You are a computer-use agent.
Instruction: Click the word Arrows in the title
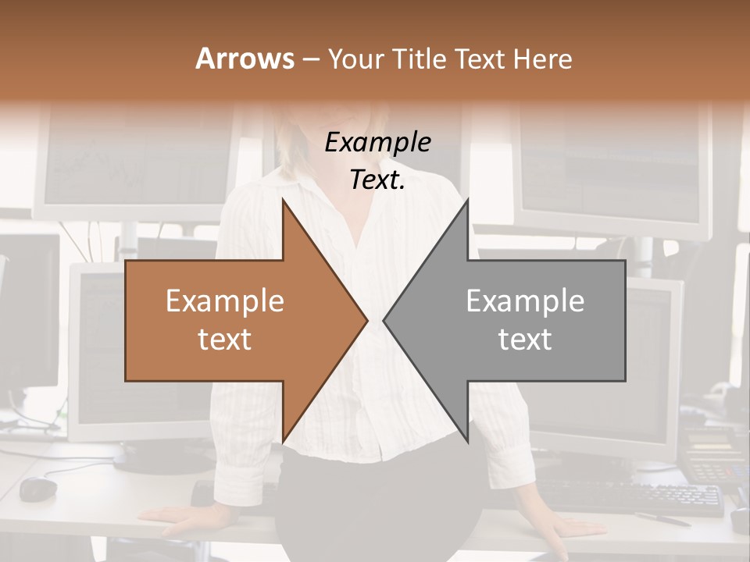pyautogui.click(x=245, y=59)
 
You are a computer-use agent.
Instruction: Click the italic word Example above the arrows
pyautogui.click(x=378, y=142)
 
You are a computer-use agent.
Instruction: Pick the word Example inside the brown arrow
pyautogui.click(x=225, y=301)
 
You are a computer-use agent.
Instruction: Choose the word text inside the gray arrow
pyautogui.click(x=525, y=339)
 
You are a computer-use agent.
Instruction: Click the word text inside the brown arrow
pyautogui.click(x=225, y=339)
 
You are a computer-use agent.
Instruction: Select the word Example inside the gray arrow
pyautogui.click(x=525, y=301)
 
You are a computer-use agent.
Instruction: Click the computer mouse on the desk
pyautogui.click(x=38, y=489)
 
